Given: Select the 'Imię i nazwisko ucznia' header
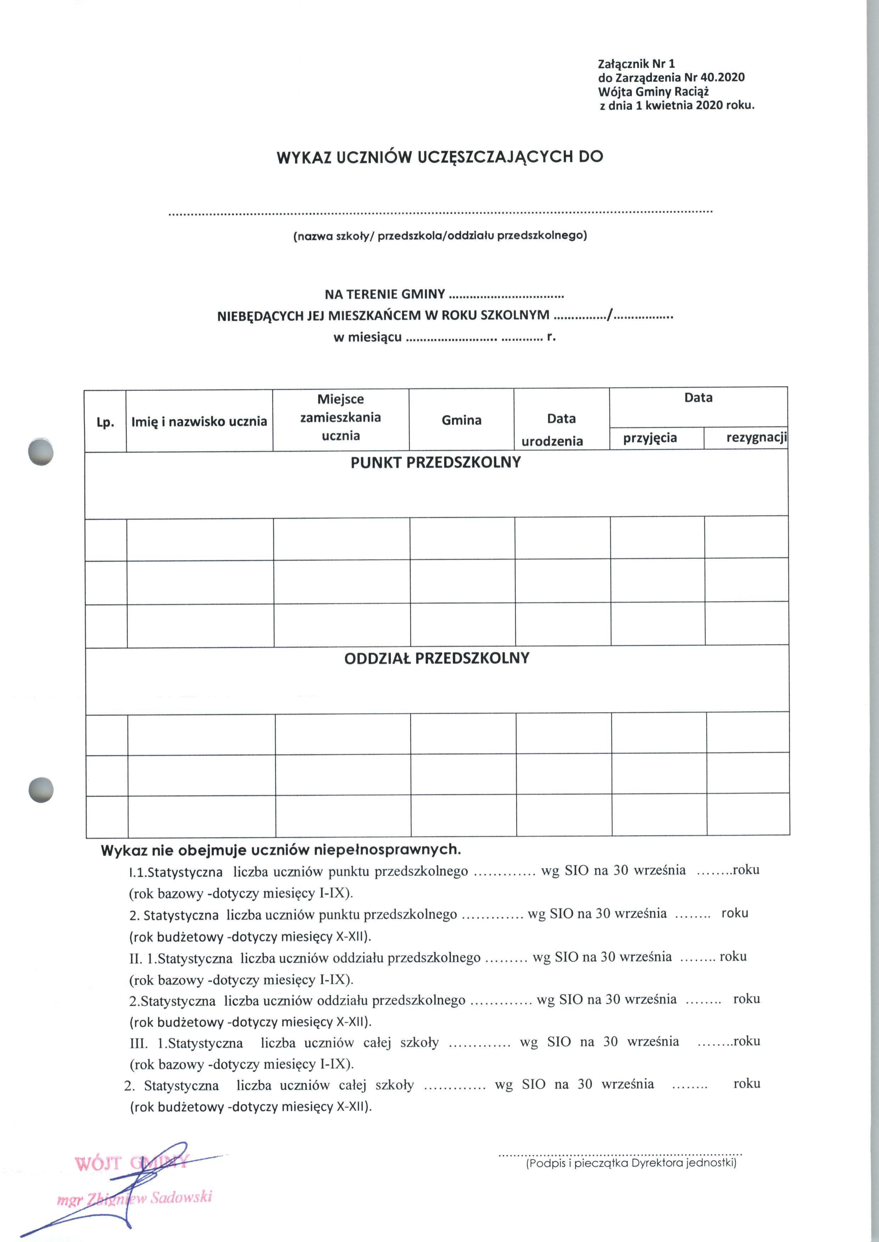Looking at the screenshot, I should pos(199,421).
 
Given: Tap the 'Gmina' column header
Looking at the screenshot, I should pos(461,420).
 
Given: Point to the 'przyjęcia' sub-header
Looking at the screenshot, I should pos(650,437).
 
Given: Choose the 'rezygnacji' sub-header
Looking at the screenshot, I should pos(756,437).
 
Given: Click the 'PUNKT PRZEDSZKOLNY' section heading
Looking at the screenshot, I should pos(435,463).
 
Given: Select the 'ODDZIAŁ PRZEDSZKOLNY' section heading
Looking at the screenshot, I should pos(436,659).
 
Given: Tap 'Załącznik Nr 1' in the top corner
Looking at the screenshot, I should pos(636,64).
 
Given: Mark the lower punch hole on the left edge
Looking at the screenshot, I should pos(41,790).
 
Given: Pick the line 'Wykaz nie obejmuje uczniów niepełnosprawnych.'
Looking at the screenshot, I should pos(281,850).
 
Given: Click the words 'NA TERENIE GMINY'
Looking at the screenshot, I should pos(384,295).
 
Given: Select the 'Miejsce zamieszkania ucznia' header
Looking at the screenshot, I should pos(341,417).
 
